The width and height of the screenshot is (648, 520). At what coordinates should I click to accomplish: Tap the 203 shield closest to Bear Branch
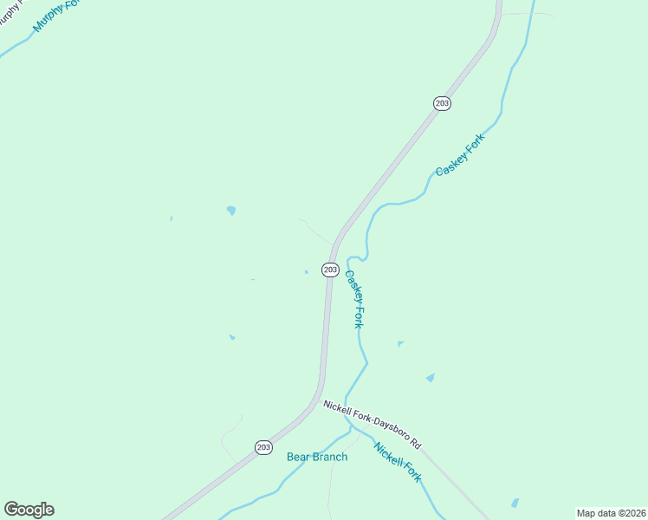coord(263,447)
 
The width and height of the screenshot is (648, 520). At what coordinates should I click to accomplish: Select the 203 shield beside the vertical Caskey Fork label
coord(330,270)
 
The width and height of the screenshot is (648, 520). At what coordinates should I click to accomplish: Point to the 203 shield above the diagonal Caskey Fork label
coord(442,103)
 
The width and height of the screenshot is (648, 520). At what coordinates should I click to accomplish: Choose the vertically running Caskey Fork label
coord(354,299)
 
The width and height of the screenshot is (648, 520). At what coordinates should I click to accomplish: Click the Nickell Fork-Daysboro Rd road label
coord(372,424)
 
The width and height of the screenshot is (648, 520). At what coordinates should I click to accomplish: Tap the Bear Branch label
coord(317,457)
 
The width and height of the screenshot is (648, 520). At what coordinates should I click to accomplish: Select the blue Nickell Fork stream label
coord(398,462)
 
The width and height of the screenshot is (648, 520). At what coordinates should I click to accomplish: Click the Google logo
coord(29,510)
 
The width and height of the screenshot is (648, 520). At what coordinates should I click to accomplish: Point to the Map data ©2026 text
coord(611,513)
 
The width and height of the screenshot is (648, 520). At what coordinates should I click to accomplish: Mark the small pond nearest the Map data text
coord(515,503)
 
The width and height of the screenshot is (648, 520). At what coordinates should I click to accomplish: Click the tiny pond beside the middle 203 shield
coord(306,271)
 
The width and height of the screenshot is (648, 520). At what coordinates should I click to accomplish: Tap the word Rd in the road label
coord(416,444)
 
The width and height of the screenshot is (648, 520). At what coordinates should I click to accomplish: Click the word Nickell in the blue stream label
coord(388,453)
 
